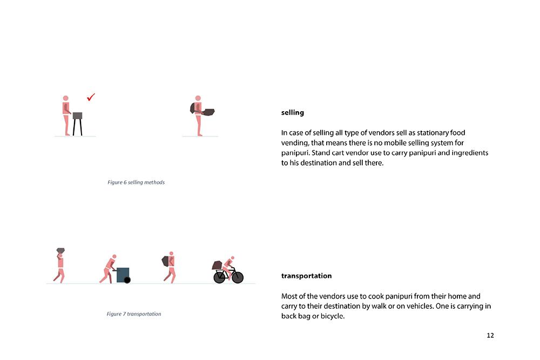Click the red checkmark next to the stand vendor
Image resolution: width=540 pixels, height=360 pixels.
91,97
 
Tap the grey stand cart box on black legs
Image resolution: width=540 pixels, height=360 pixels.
77,116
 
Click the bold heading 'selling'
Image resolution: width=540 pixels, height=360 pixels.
292,113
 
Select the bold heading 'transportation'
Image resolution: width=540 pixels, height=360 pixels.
307,276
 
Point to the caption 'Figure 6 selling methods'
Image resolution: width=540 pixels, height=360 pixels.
136,182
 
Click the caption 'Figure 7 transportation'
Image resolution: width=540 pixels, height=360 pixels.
134,314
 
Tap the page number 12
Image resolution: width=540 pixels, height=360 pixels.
490,335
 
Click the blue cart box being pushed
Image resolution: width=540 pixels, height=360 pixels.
122,274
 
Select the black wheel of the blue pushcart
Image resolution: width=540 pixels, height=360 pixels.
127,280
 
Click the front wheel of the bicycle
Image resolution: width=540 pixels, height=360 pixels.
238,277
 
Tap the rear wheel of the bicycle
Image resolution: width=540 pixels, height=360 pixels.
219,277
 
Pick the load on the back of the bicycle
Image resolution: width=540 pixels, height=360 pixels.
217,265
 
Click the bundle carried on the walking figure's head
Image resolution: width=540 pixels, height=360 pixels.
60,250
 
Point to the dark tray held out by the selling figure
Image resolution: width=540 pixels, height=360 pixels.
208,112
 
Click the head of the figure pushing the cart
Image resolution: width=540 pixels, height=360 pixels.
114,256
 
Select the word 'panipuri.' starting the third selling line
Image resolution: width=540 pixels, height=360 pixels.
295,153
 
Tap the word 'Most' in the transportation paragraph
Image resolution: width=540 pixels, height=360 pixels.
289,296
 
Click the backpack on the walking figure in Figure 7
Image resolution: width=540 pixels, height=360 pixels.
166,261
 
